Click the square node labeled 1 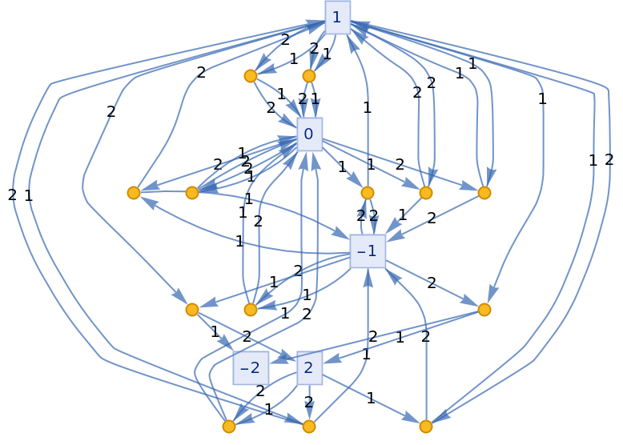[337, 17]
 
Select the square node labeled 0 [309, 134]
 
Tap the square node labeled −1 [368, 251]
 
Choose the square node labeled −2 [251, 368]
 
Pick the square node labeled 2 [309, 368]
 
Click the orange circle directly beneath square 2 [309, 427]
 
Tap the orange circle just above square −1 [368, 193]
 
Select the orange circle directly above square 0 [309, 76]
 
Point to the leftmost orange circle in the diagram [134, 193]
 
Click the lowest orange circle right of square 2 [426, 427]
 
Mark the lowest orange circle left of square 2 [229, 427]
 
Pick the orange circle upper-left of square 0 [251, 76]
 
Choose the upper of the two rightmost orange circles [484, 193]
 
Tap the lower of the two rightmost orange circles [484, 310]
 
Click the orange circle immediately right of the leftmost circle [192, 193]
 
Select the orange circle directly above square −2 [251, 310]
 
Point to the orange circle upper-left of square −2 [192, 310]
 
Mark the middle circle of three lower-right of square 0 [426, 193]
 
